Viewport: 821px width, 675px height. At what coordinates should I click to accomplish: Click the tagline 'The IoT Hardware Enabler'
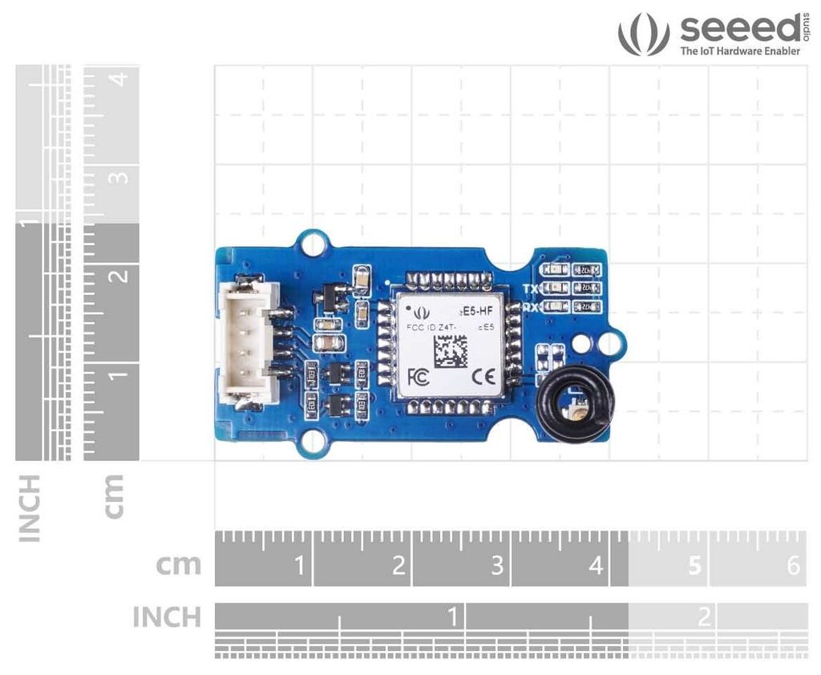(x=740, y=51)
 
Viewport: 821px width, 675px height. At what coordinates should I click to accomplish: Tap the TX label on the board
(x=530, y=289)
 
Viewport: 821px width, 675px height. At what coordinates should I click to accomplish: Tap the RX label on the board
(x=530, y=306)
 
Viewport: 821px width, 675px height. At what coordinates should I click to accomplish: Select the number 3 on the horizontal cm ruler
(x=498, y=566)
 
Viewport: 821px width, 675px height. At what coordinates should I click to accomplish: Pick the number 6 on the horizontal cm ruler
(x=794, y=566)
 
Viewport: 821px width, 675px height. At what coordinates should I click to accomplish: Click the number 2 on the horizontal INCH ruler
(x=705, y=616)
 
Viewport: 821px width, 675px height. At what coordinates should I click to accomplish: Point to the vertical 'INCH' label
(x=30, y=507)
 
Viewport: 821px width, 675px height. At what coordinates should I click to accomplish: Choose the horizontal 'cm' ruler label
(x=178, y=564)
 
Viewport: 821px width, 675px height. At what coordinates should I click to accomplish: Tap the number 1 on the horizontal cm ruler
(x=300, y=566)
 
